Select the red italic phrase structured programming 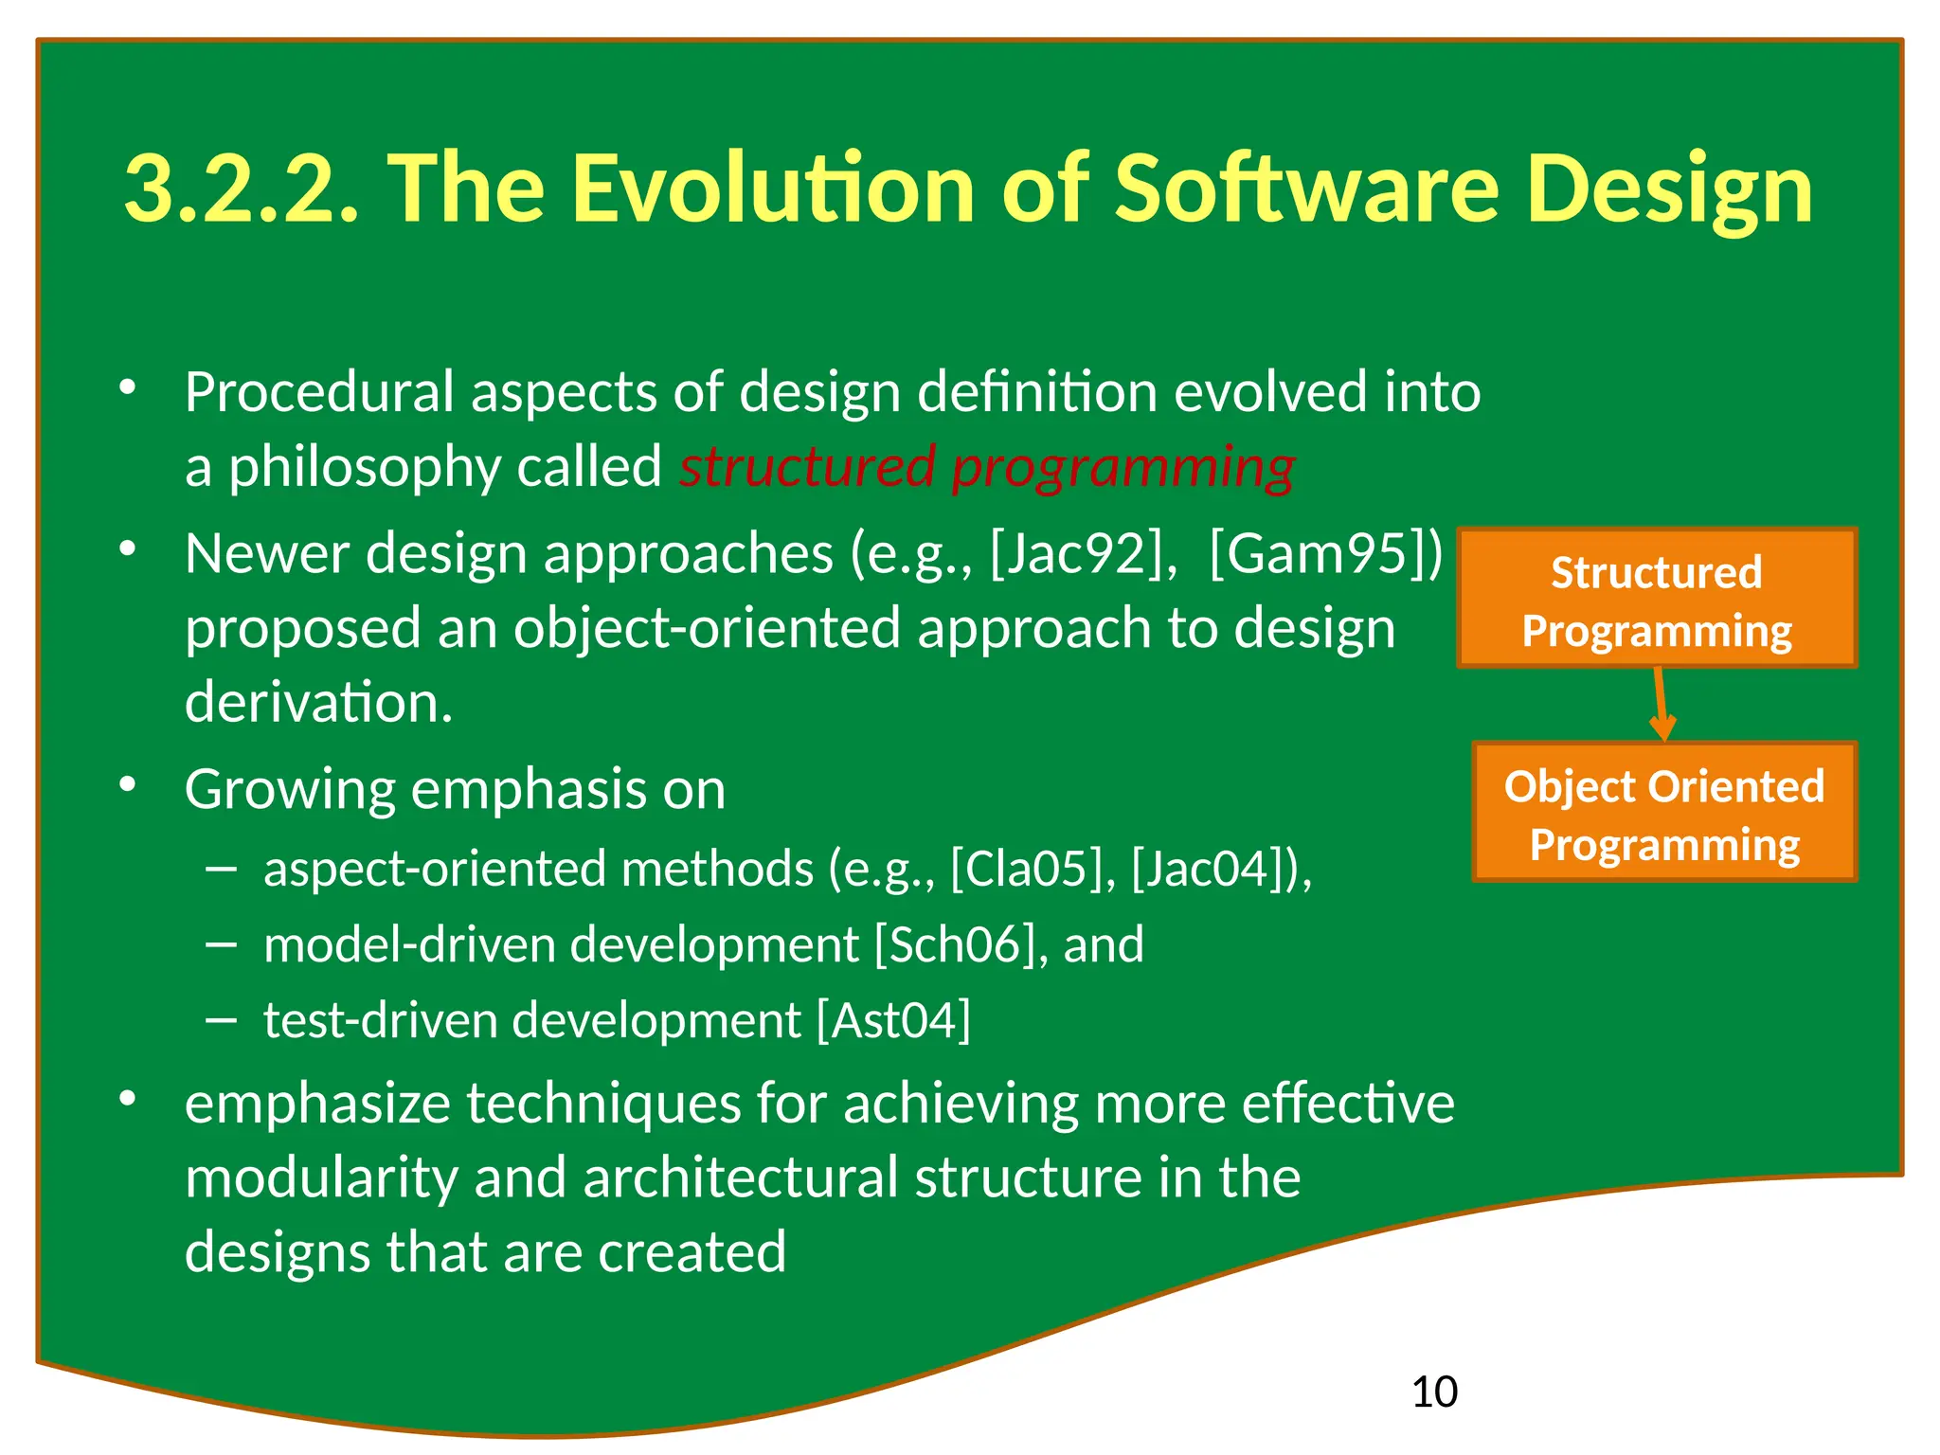click(986, 467)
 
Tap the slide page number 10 click(1433, 1392)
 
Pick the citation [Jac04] click(1215, 869)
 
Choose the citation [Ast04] click(893, 1020)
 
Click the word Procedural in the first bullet click(319, 392)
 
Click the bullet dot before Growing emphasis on click(128, 784)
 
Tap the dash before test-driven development click(221, 1020)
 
